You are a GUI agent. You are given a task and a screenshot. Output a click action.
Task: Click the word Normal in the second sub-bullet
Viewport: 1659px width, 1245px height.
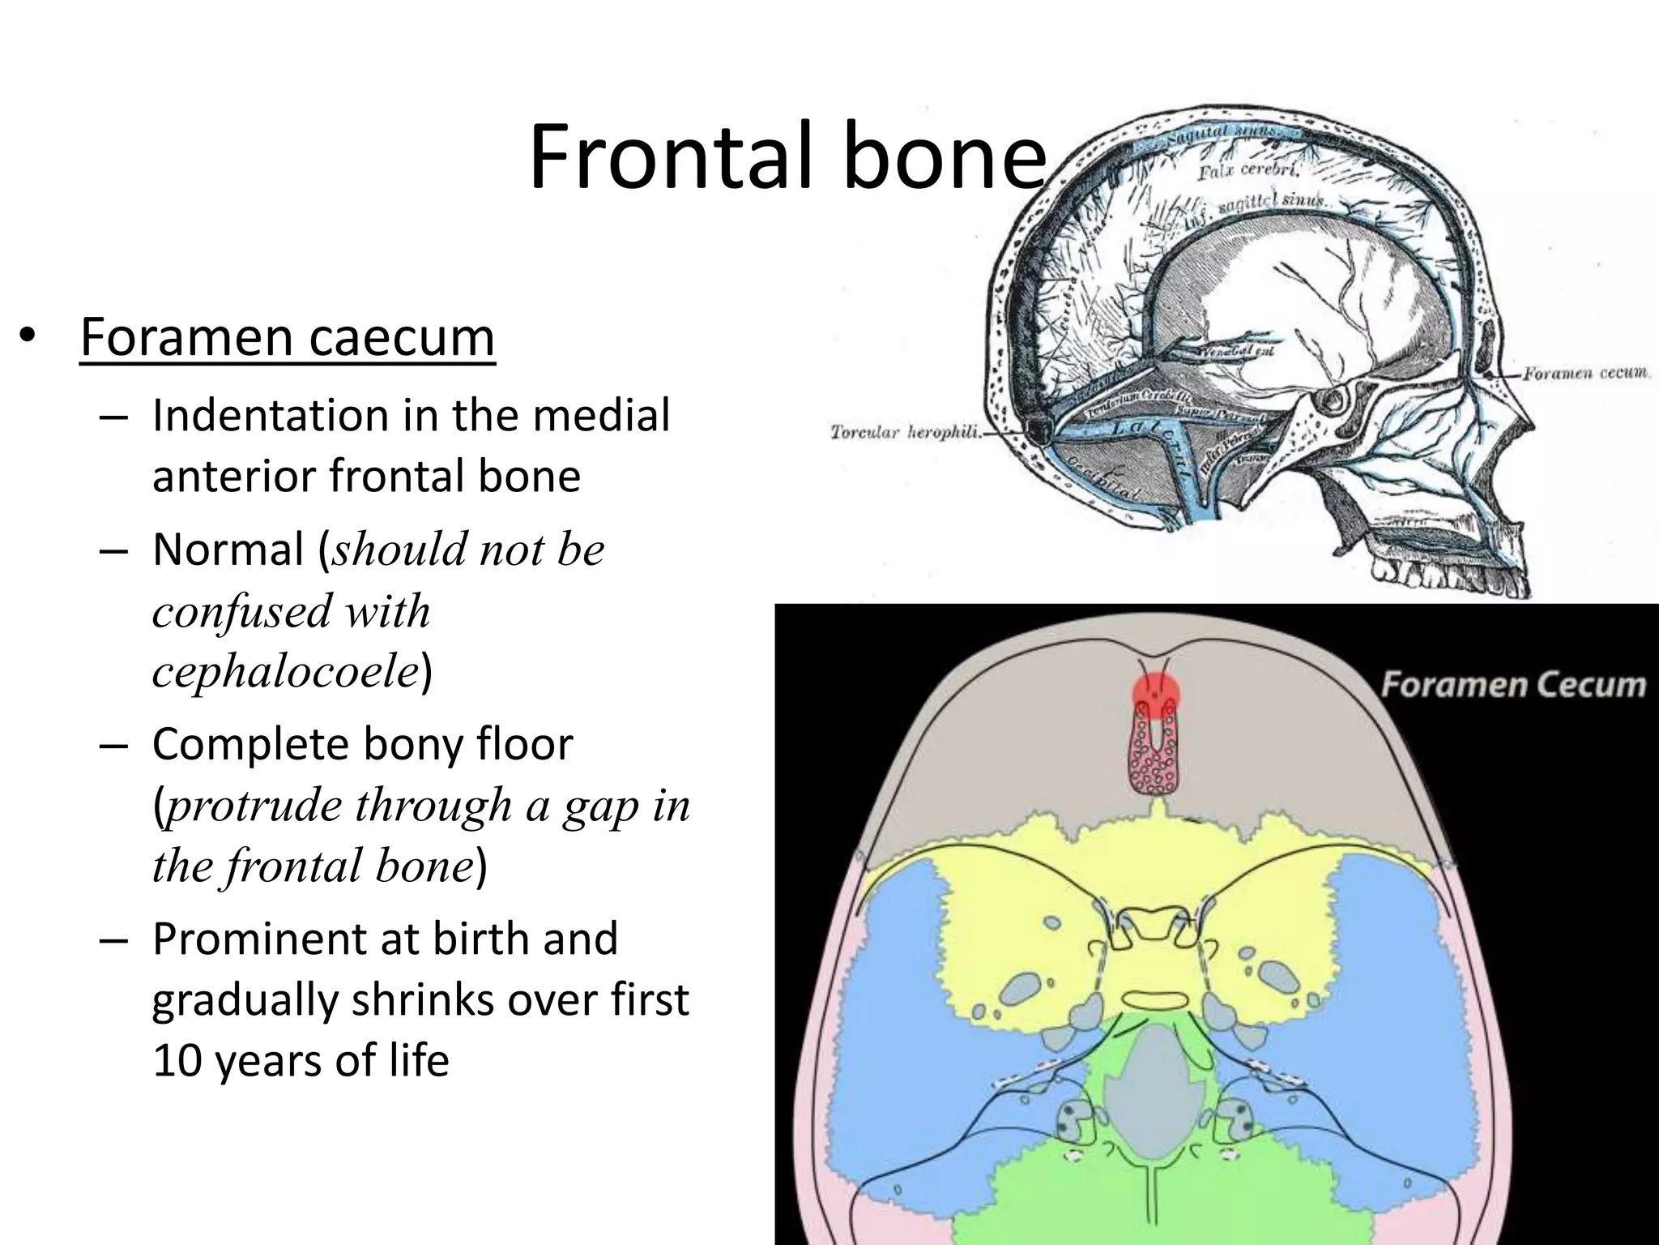tap(227, 550)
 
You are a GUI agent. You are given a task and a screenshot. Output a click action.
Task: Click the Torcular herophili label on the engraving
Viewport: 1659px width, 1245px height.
tap(904, 433)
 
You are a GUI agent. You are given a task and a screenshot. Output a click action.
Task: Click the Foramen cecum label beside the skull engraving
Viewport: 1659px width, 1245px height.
tap(1585, 374)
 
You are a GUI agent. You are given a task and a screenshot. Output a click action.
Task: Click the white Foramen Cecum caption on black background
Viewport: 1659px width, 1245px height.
tap(1512, 685)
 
